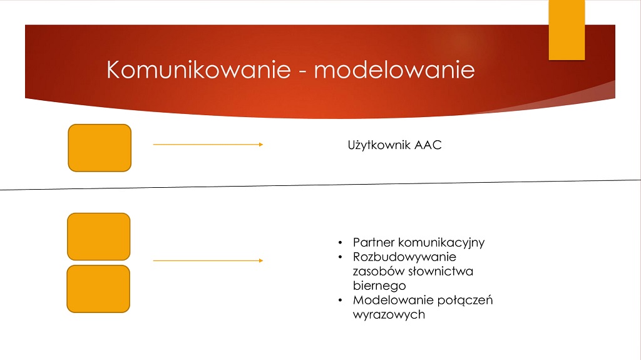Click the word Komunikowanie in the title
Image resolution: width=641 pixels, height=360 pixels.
(198, 69)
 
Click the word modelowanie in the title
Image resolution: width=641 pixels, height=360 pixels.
(394, 69)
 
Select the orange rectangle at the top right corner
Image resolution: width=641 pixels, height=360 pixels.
(567, 30)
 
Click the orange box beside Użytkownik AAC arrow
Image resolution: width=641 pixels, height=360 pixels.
(100, 148)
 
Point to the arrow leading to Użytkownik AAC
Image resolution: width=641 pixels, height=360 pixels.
(208, 145)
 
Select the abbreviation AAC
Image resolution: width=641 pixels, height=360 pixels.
(428, 145)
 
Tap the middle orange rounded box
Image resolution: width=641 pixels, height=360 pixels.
(99, 237)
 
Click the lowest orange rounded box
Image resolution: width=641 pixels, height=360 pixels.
(98, 289)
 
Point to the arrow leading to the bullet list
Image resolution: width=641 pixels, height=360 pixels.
(208, 260)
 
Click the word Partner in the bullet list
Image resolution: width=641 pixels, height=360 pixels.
(374, 242)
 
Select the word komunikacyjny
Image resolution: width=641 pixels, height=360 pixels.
(441, 242)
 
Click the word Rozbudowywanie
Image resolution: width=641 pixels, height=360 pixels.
(405, 257)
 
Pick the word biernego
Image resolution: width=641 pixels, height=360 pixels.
(379, 285)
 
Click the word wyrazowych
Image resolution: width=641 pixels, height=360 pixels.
(389, 314)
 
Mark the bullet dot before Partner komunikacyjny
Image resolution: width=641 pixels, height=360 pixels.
(340, 242)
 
